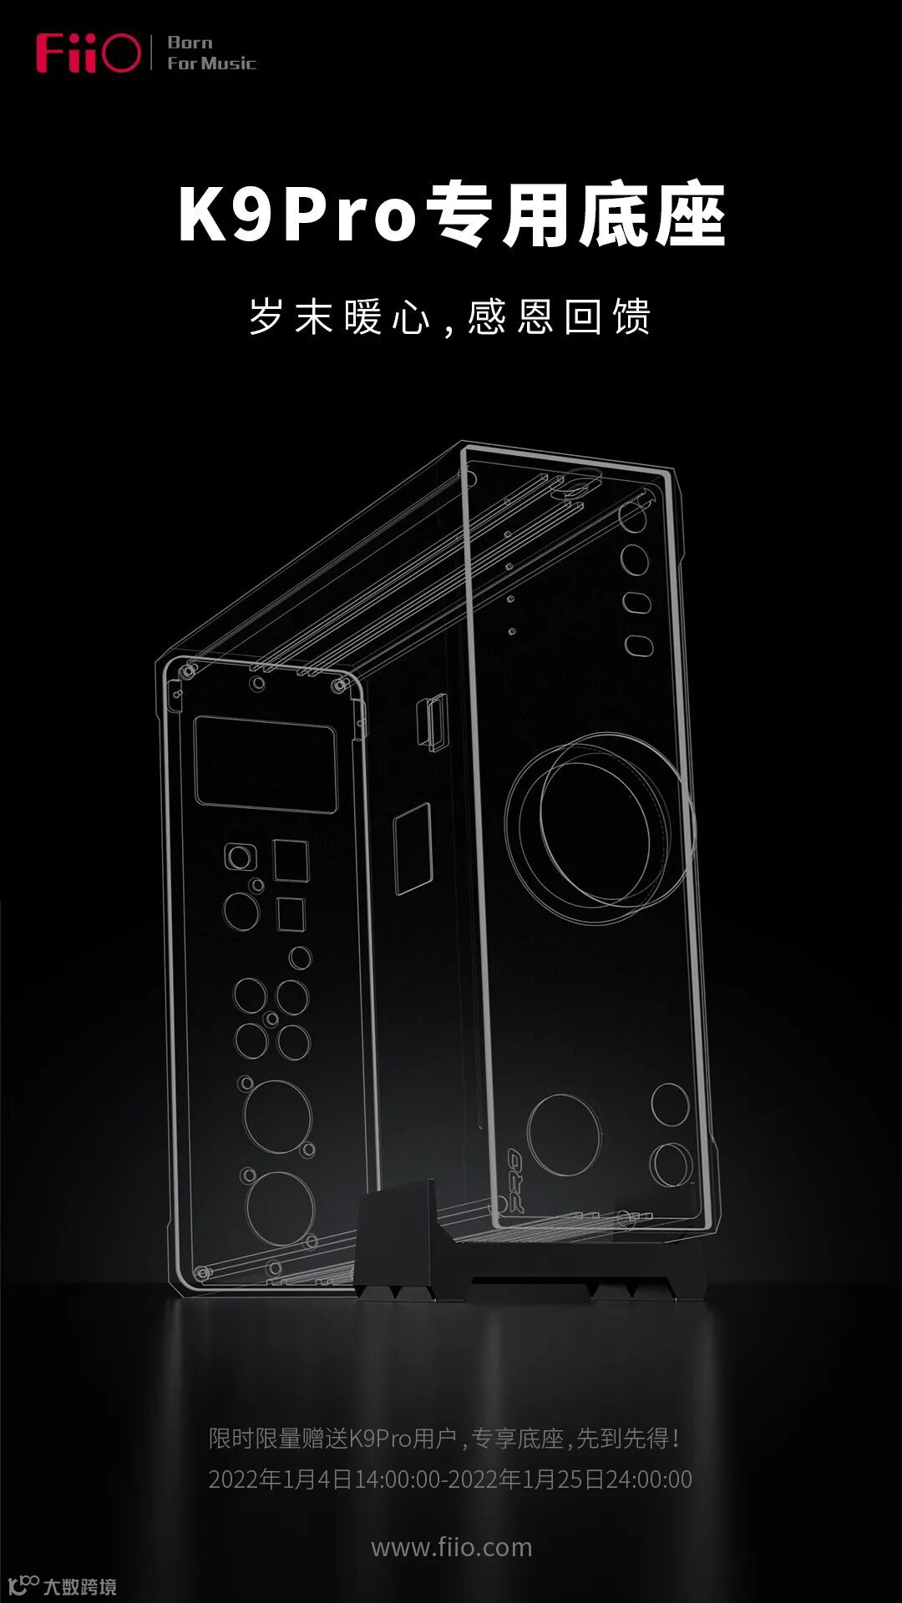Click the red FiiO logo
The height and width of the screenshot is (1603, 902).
88,53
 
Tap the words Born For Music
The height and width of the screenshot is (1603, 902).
211,53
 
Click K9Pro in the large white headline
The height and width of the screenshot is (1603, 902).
297,215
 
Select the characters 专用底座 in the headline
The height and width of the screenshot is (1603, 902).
576,215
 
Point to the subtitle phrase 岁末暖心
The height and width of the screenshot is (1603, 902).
339,316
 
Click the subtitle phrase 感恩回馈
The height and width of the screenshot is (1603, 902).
559,316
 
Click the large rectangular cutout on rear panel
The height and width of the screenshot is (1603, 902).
266,764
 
